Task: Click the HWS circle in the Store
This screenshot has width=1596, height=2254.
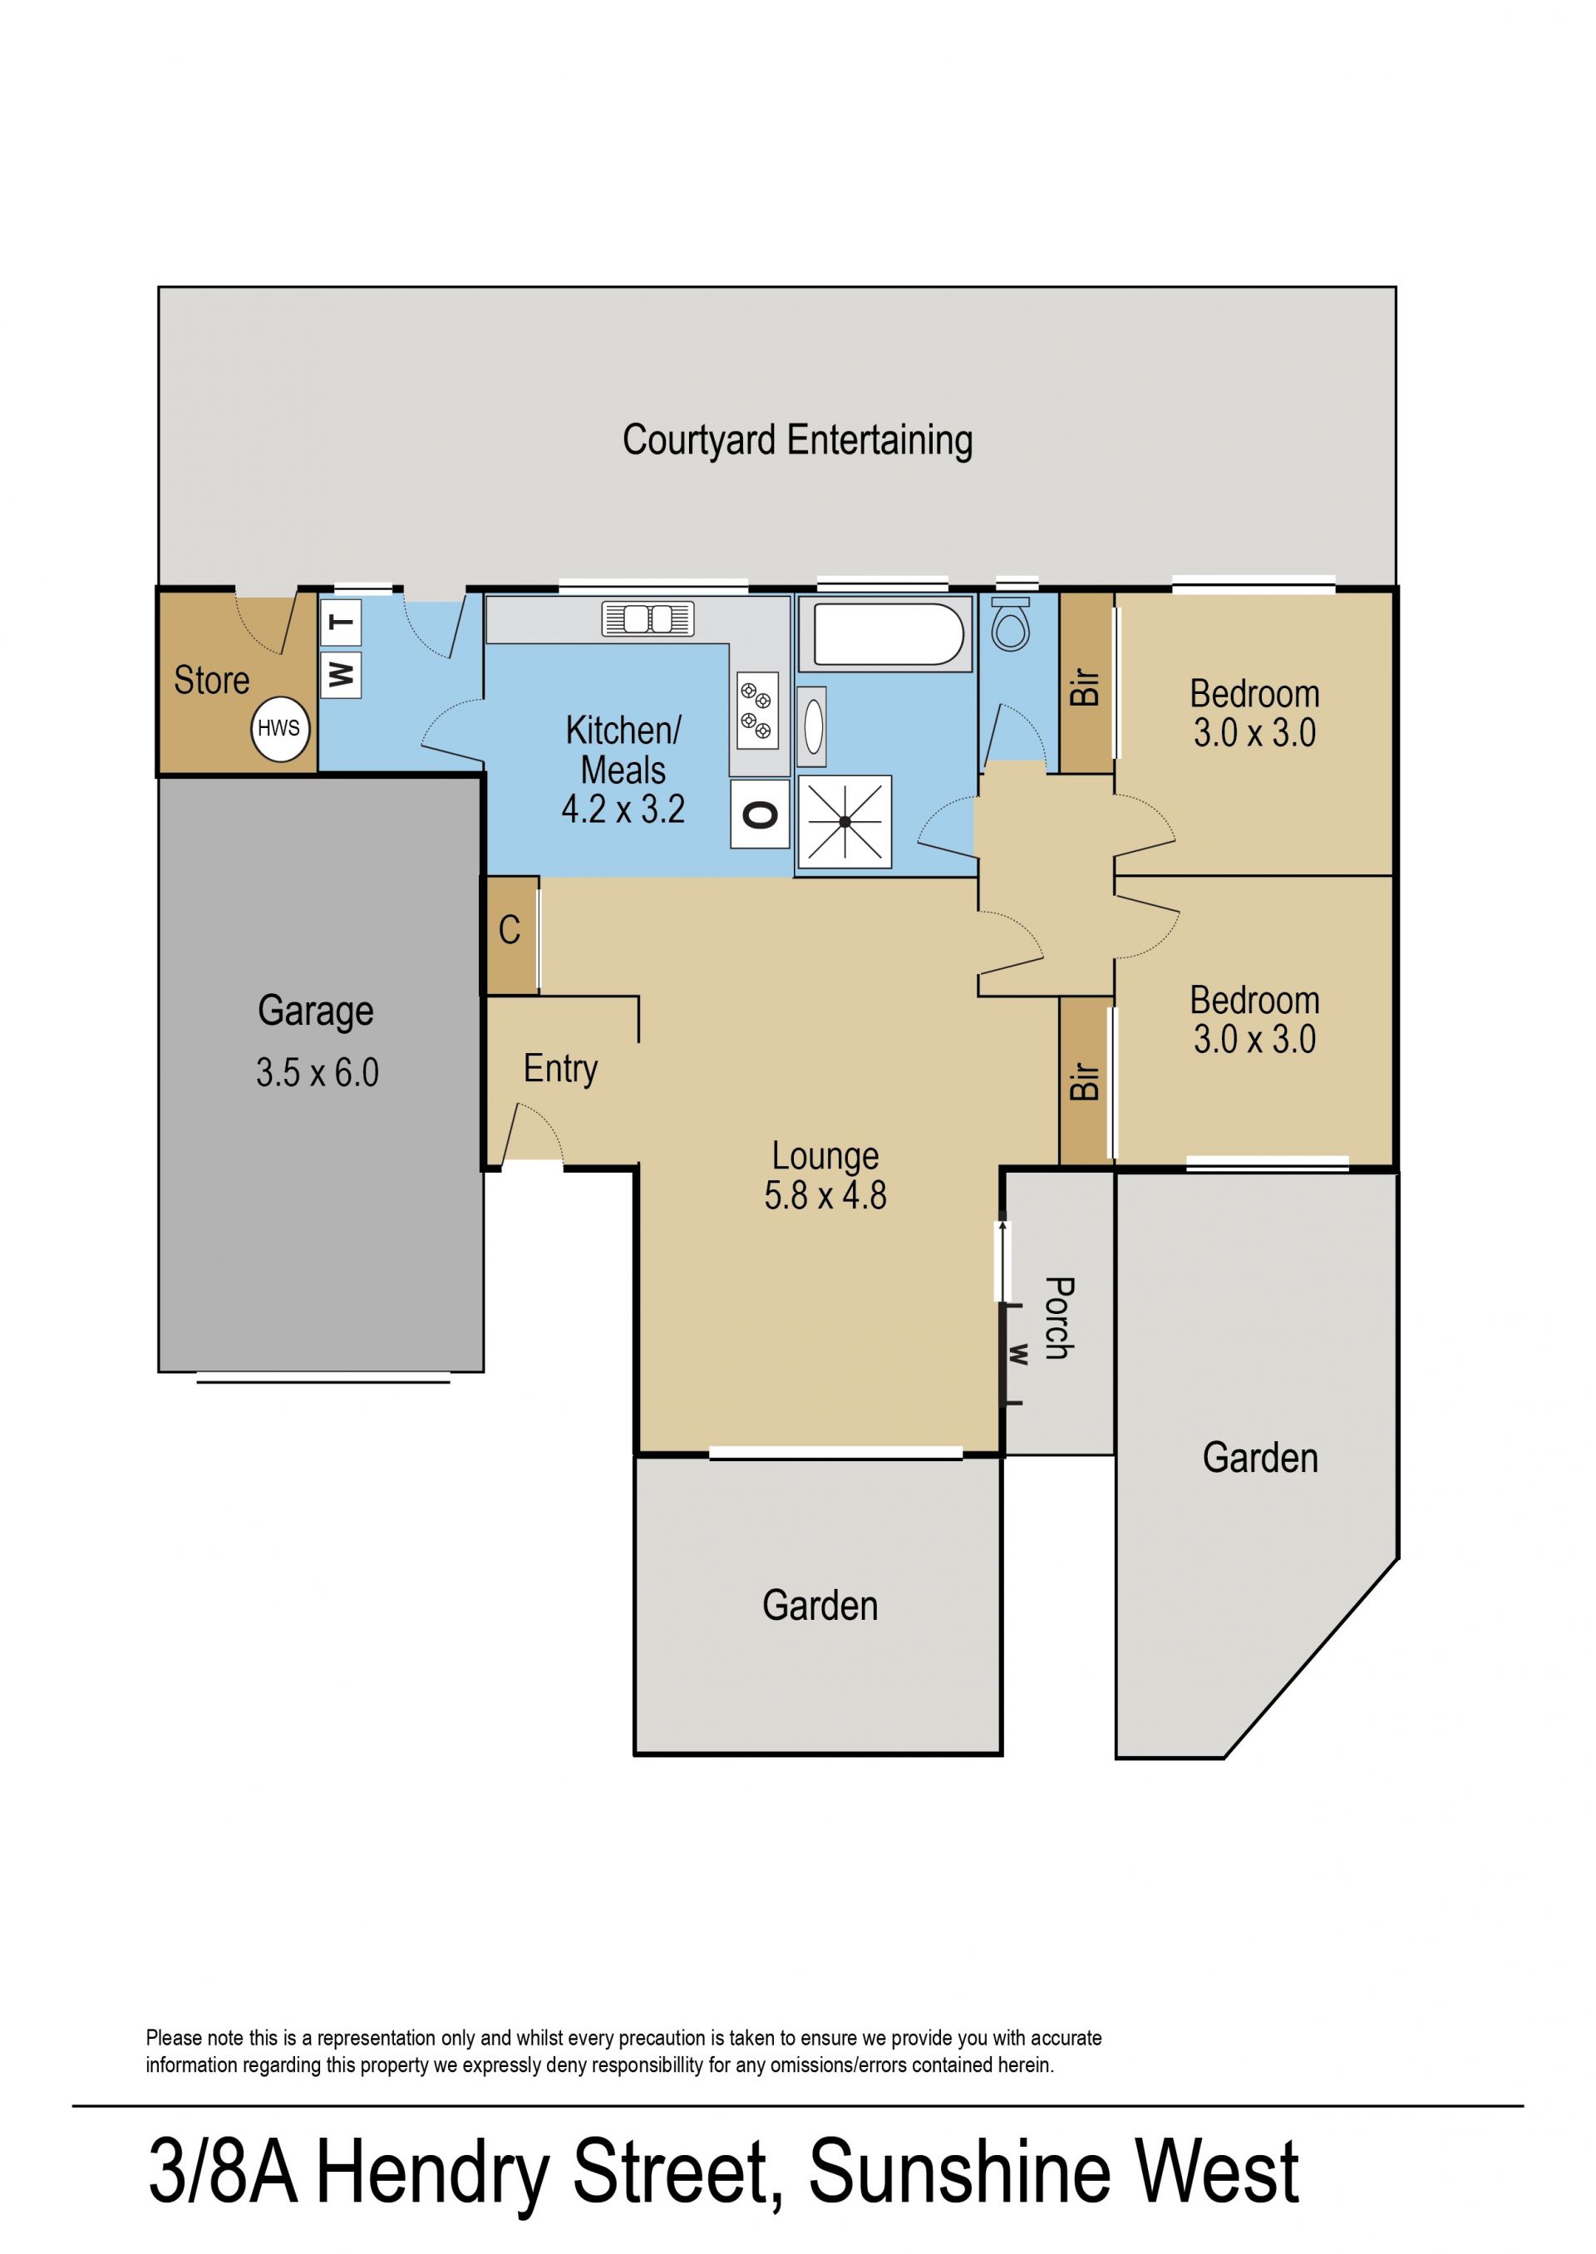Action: tap(280, 729)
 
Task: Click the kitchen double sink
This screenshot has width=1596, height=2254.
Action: tap(648, 619)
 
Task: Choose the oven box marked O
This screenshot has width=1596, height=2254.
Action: tap(760, 814)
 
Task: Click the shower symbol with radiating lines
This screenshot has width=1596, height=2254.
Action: tap(845, 821)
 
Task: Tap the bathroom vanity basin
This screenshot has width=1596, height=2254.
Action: tap(812, 727)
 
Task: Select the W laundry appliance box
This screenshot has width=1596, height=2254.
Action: tap(340, 675)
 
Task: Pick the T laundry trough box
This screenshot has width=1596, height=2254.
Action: tap(340, 622)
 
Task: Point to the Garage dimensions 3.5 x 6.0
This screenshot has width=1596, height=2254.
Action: tap(318, 1072)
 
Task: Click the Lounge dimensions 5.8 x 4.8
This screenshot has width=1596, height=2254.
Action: tap(825, 1195)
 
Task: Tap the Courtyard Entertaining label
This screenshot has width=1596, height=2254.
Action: tap(797, 440)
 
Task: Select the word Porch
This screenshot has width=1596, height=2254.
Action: tap(1058, 1317)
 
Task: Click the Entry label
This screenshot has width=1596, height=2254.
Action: tap(560, 1068)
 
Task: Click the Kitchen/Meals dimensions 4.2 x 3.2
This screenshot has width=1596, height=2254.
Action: tap(623, 809)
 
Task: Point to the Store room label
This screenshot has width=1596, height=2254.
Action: tap(211, 680)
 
